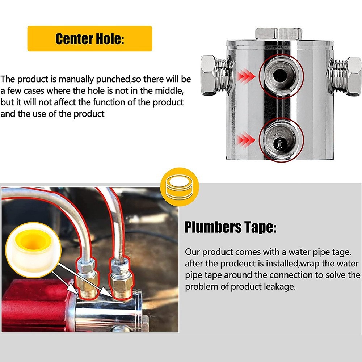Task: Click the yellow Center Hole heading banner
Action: [89, 39]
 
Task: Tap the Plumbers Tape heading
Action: [230, 227]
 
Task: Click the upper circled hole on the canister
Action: [281, 76]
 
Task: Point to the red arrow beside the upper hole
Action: [246, 76]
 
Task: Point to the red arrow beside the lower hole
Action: [246, 140]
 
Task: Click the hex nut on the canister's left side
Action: [209, 75]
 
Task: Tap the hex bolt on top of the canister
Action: [279, 33]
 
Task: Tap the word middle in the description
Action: [169, 91]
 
